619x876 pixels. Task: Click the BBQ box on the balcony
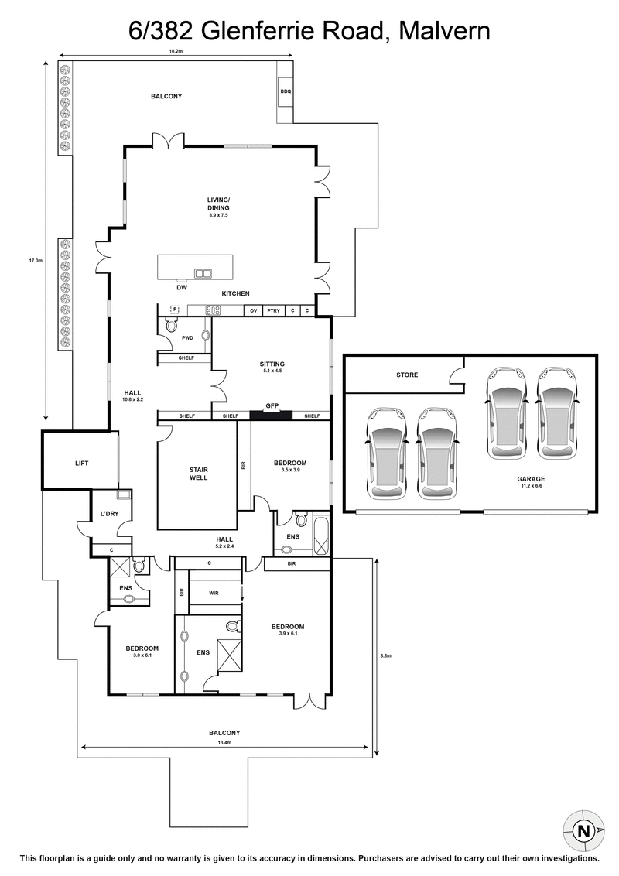[286, 91]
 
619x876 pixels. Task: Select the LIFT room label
[81, 464]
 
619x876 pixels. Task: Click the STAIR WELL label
[198, 474]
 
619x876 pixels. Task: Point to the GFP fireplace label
[272, 405]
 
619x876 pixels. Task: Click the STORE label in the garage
[407, 375]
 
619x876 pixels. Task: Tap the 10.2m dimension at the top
[176, 51]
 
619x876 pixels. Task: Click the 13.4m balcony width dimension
[224, 743]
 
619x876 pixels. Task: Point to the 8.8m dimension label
[385, 655]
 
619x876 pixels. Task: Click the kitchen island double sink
[203, 272]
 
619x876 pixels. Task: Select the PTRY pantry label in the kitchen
[273, 310]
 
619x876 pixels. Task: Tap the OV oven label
[253, 310]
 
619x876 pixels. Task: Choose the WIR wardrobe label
[214, 594]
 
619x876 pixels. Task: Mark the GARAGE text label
[531, 479]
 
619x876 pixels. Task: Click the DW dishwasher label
[182, 287]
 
